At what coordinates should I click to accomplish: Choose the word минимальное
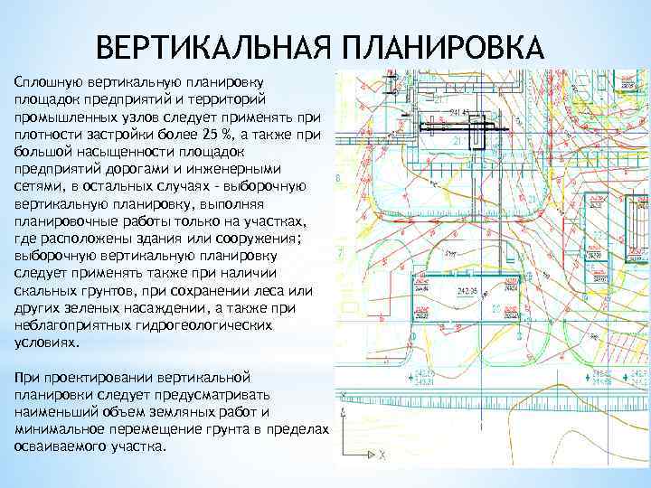[56, 429]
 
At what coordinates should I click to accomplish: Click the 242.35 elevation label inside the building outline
[467, 291]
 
